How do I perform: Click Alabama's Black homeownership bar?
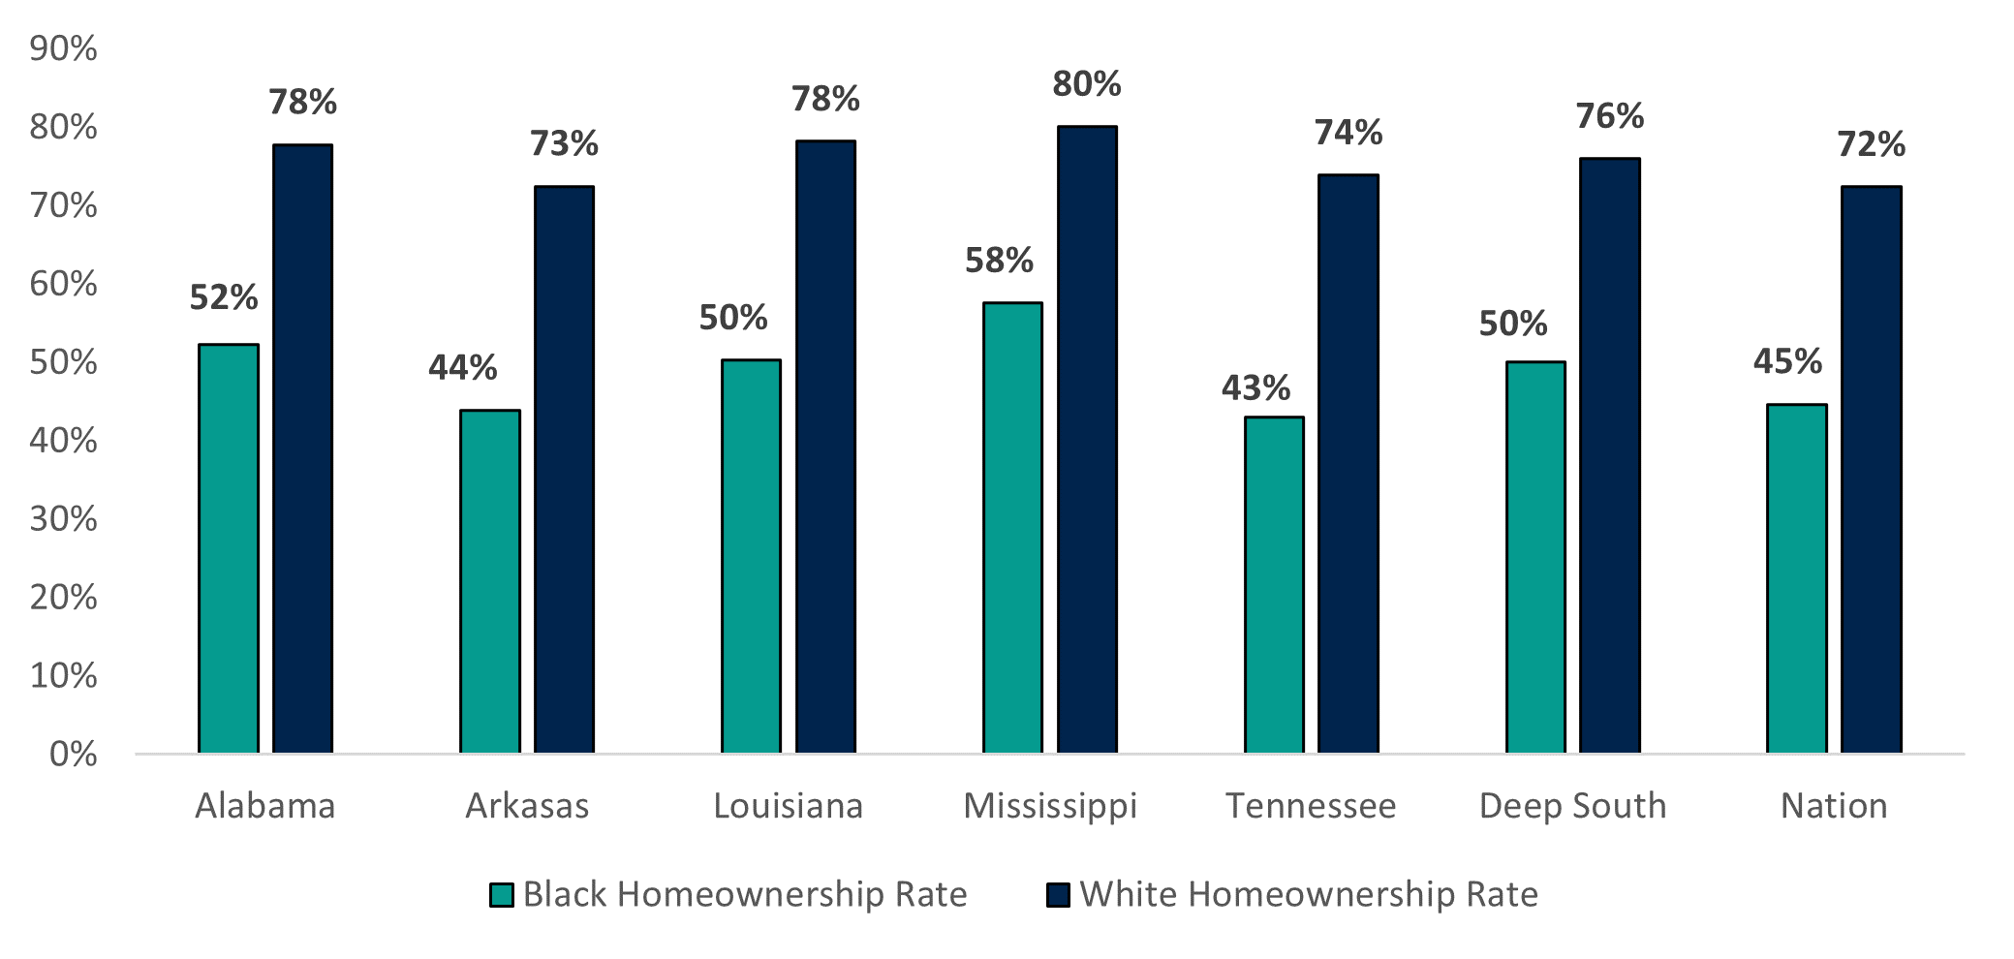pyautogui.click(x=229, y=548)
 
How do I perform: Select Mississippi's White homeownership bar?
pyautogui.click(x=1087, y=440)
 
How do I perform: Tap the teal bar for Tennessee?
pyautogui.click(x=1274, y=585)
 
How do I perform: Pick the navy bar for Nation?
pyautogui.click(x=1871, y=470)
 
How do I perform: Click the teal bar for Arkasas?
pyautogui.click(x=490, y=581)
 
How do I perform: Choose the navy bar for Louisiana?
pyautogui.click(x=825, y=447)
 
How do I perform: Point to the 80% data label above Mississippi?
pyautogui.click(x=1087, y=84)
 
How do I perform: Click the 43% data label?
pyautogui.click(x=1255, y=388)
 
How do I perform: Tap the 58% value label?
pyautogui.click(x=999, y=261)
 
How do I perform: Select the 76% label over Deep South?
pyautogui.click(x=1609, y=116)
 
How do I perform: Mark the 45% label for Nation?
pyautogui.click(x=1787, y=361)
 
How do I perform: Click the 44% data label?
pyautogui.click(x=462, y=368)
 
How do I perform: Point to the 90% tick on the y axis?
pyautogui.click(x=63, y=48)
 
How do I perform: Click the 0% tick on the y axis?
pyautogui.click(x=73, y=755)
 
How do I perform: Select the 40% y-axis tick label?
pyautogui.click(x=63, y=441)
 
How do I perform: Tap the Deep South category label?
pyautogui.click(x=1572, y=806)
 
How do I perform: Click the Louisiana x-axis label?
pyautogui.click(x=788, y=806)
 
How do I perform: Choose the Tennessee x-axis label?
pyautogui.click(x=1311, y=806)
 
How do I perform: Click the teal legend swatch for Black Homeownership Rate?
pyautogui.click(x=501, y=894)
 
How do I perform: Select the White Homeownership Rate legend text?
pyautogui.click(x=1308, y=894)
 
